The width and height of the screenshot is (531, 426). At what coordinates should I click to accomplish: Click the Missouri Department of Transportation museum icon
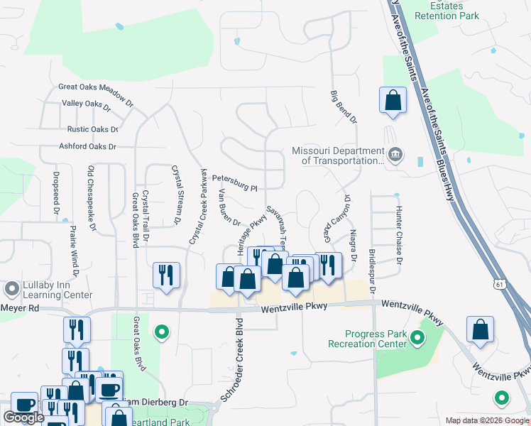[x=395, y=153]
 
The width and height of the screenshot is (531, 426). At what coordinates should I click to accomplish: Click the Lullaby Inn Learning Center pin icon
[x=11, y=289]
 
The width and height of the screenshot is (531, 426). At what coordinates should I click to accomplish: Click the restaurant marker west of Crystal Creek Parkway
[x=166, y=275]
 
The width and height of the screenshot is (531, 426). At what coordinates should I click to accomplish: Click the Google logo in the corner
[x=23, y=417]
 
